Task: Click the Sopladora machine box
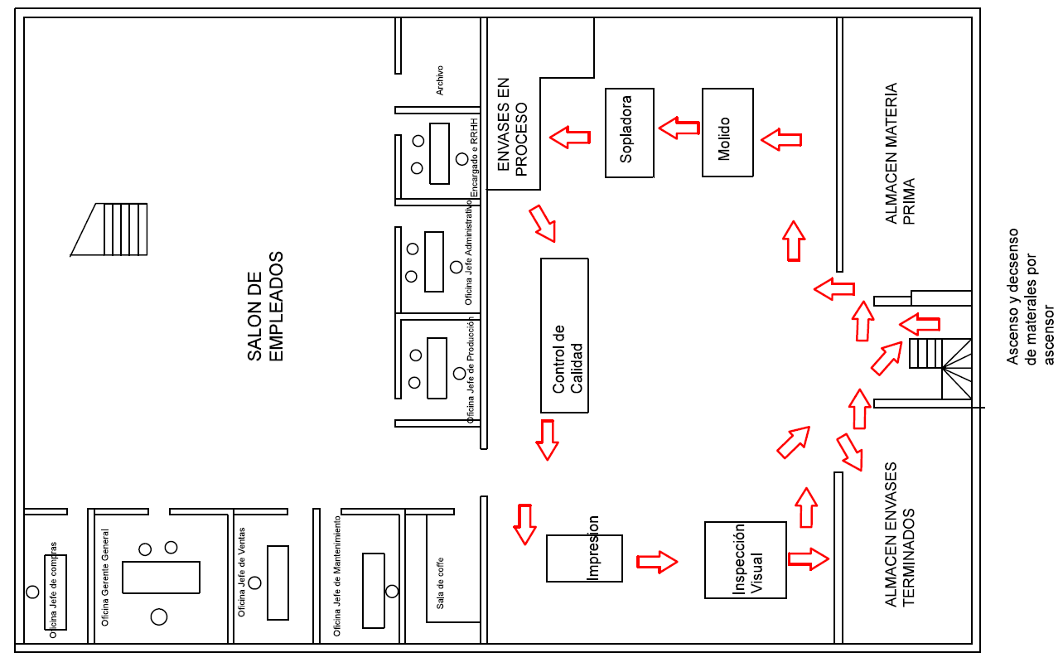(629, 133)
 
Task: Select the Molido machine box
(727, 133)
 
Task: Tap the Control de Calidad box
(564, 336)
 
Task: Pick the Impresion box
(584, 558)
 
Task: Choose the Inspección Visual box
(745, 560)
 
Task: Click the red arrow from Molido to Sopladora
(679, 128)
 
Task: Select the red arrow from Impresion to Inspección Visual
(657, 563)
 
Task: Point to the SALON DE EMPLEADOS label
(265, 307)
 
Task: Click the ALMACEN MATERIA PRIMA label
(899, 154)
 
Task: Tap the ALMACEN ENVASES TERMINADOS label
(899, 534)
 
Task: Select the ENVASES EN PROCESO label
(512, 127)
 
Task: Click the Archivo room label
(440, 80)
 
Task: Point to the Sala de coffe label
(440, 583)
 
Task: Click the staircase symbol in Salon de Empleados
(109, 230)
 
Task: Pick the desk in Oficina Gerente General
(161, 577)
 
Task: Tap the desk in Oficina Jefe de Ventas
(278, 583)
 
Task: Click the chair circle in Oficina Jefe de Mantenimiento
(392, 592)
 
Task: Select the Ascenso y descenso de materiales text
(1030, 297)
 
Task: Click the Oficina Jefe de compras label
(53, 590)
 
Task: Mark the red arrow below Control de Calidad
(547, 440)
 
